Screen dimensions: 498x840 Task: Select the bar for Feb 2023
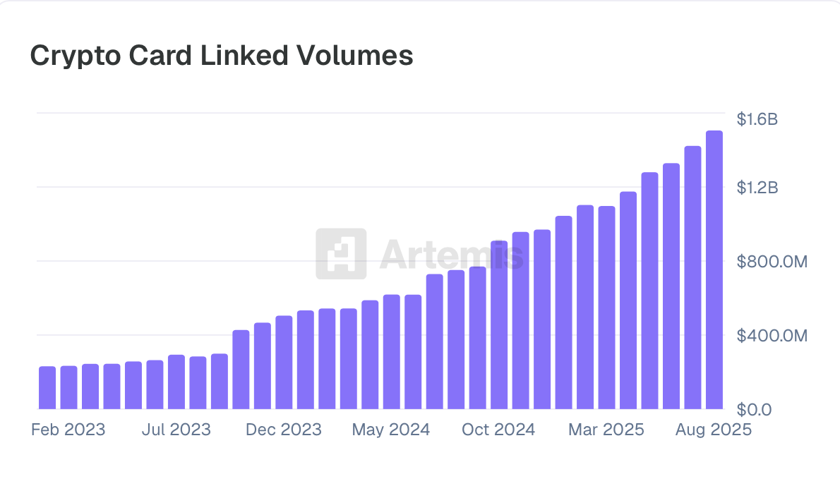(68, 387)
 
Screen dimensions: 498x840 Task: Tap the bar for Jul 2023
(176, 382)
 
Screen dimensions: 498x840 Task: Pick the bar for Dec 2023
(284, 363)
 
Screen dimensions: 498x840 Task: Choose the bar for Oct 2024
(499, 325)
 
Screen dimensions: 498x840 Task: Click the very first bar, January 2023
(47, 388)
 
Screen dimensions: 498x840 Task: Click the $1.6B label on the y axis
(757, 120)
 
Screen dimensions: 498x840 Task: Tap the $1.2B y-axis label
(757, 188)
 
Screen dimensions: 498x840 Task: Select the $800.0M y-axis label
(772, 262)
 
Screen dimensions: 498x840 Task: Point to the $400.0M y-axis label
(772, 336)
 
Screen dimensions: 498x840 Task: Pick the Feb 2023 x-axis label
(68, 430)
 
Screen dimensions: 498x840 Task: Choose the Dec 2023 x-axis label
(283, 430)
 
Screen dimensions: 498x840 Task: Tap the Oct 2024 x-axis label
(498, 430)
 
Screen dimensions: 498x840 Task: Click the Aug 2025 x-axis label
(714, 430)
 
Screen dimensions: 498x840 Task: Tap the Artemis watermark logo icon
(341, 253)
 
